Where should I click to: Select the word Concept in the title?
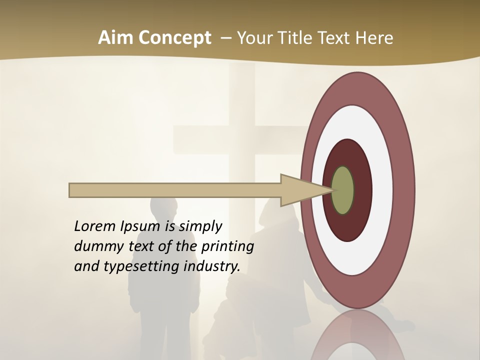click(x=174, y=38)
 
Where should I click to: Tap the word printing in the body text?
click(x=227, y=247)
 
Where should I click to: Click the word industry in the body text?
click(x=212, y=266)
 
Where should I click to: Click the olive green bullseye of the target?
click(x=342, y=190)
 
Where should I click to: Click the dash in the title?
click(x=226, y=38)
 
